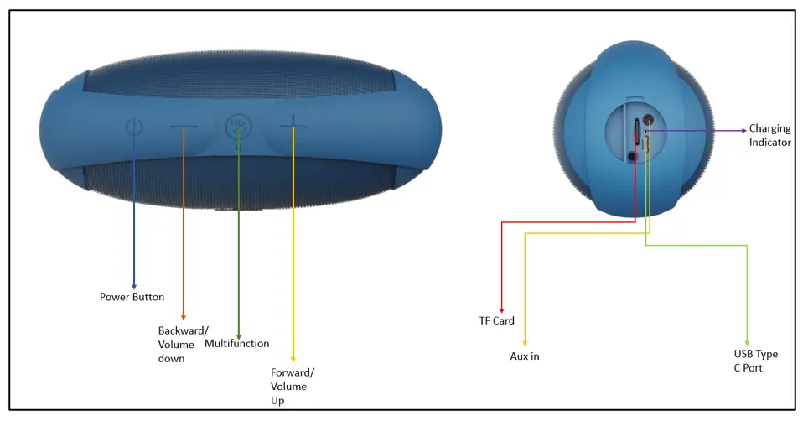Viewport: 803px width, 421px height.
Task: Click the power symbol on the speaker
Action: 132,129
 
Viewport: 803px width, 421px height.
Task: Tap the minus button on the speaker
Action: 184,128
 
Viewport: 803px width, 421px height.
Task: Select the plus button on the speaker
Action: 293,128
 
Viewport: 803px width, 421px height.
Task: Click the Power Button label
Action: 132,297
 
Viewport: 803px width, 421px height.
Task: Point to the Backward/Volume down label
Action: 177,344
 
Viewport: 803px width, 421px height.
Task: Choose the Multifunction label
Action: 237,343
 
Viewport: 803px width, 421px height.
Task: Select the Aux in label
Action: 525,356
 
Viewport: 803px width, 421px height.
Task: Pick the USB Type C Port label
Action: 749,361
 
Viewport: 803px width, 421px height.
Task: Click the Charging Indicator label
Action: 769,135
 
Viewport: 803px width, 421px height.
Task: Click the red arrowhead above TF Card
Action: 501,308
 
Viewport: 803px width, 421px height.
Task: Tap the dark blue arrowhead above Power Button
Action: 132,286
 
